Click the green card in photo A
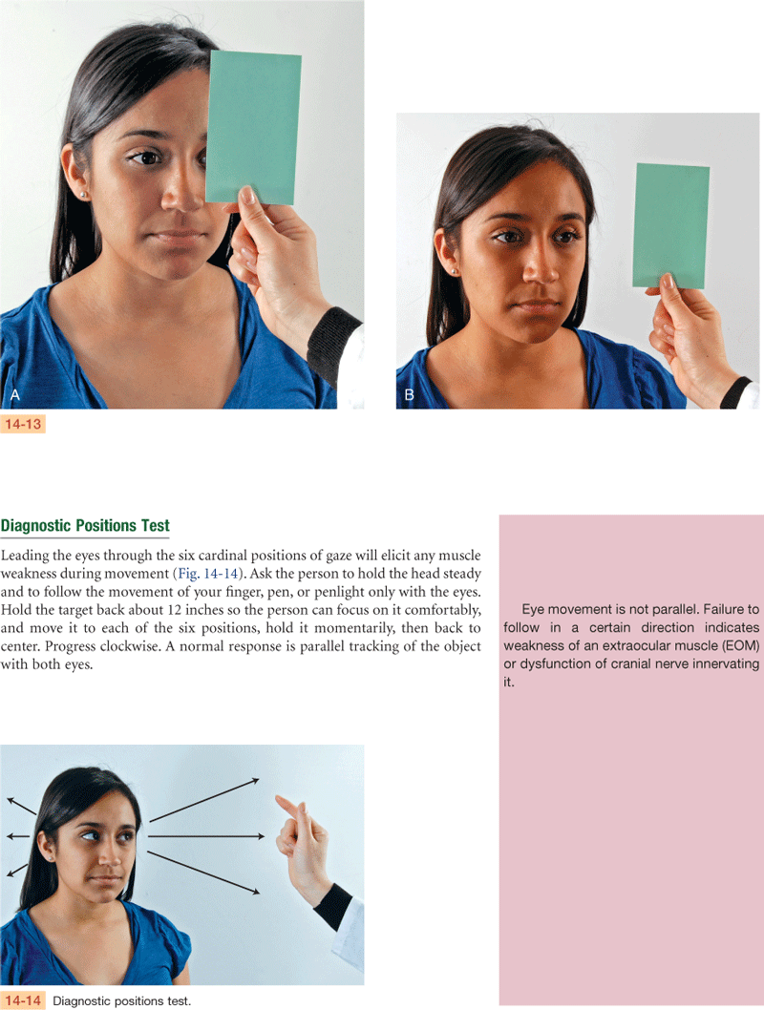[254, 127]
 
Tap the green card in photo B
[671, 226]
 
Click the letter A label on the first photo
[15, 395]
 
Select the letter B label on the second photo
[409, 395]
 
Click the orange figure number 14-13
[23, 424]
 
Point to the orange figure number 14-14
[23, 1000]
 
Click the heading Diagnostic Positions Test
[85, 526]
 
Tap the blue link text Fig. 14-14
[208, 574]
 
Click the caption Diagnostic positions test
[121, 1001]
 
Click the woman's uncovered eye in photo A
[147, 157]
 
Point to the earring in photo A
[83, 195]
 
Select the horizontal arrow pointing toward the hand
[206, 836]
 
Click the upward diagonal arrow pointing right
[204, 800]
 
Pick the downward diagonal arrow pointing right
[203, 873]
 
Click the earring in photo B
[455, 272]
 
